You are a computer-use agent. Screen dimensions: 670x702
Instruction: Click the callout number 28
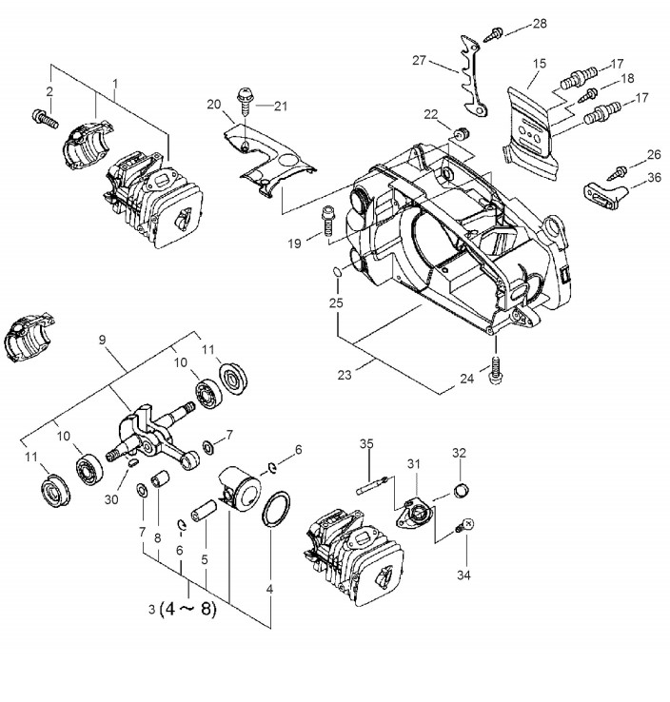[x=540, y=23]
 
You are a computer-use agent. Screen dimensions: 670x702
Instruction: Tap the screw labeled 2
[x=46, y=118]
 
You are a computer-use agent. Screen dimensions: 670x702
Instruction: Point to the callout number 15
[x=540, y=64]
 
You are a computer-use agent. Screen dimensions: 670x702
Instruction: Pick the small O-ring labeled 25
[x=337, y=272]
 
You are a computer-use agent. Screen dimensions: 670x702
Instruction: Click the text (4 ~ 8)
[x=188, y=610]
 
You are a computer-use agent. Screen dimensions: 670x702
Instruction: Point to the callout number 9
[x=102, y=340]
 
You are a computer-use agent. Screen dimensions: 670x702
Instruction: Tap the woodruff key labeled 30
[x=132, y=463]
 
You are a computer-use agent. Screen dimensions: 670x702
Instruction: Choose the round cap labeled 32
[x=462, y=490]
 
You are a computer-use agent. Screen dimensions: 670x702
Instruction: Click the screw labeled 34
[x=464, y=526]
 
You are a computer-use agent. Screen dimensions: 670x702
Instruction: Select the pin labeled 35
[x=373, y=486]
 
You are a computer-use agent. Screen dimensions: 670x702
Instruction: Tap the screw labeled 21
[x=245, y=101]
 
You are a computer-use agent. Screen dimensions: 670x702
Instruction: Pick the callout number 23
[x=344, y=375]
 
